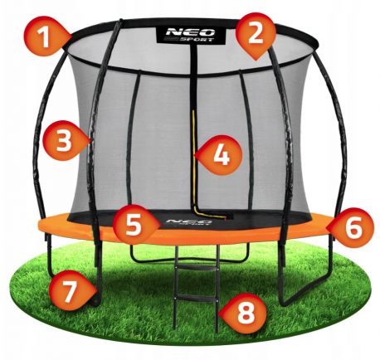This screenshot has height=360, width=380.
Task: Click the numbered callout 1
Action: (45, 36)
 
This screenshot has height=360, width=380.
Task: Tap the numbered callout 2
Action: (256, 35)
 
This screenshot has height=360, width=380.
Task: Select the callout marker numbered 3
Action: (64, 141)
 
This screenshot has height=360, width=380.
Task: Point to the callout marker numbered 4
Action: (222, 155)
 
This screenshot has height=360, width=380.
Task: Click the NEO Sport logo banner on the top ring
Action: (191, 35)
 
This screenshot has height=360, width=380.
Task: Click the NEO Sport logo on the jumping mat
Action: (189, 221)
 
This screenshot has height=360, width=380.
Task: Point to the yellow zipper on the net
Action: (194, 163)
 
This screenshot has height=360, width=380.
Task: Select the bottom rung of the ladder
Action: (196, 297)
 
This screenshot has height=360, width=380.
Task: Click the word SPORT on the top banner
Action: (197, 39)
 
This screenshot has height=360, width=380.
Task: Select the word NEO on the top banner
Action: (190, 32)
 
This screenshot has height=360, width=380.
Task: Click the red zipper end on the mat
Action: (224, 217)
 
